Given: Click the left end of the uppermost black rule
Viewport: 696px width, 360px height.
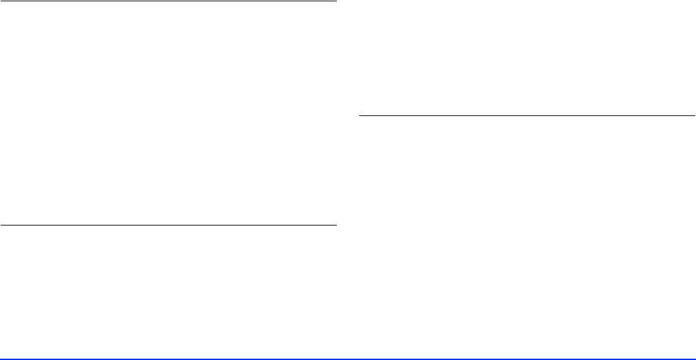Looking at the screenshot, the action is pyautogui.click(x=1, y=1).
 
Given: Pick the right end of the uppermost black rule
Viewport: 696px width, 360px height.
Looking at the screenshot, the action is pyautogui.click(x=335, y=1).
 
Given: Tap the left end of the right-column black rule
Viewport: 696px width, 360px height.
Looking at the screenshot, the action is pyautogui.click(x=359, y=115).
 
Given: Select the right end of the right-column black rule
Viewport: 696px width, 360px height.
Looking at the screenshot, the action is pyautogui.click(x=694, y=115).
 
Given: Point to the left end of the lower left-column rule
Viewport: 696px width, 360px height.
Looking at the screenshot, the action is pyautogui.click(x=1, y=225).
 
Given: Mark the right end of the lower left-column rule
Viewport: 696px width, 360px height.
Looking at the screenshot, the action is pyautogui.click(x=335, y=225).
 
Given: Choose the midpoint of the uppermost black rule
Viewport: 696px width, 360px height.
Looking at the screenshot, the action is pyautogui.click(x=168, y=1).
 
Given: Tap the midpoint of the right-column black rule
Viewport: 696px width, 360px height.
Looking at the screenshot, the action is pyautogui.click(x=527, y=115).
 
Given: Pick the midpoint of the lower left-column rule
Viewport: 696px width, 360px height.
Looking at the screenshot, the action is pyautogui.click(x=168, y=225).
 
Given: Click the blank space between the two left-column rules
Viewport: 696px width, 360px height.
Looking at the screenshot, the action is pyautogui.click(x=168, y=112).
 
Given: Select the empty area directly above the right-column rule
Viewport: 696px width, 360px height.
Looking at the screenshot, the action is pyautogui.click(x=527, y=59).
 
